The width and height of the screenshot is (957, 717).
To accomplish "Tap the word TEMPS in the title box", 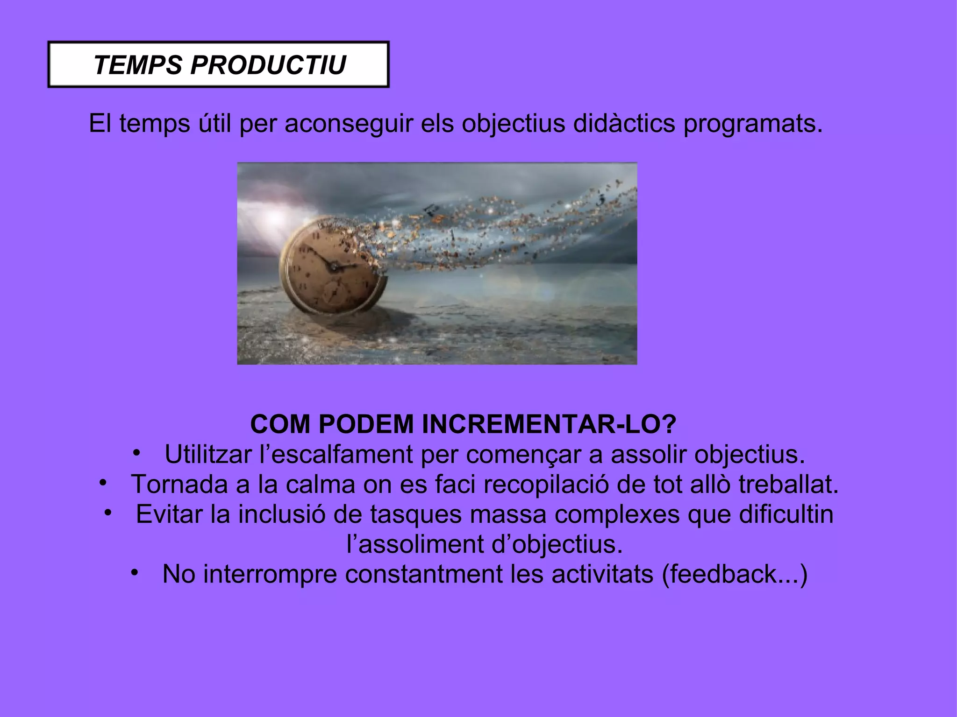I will tap(138, 65).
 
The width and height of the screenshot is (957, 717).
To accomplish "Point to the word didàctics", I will tap(624, 124).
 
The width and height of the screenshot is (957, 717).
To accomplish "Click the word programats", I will tap(752, 124).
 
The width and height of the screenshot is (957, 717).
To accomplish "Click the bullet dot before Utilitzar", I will tap(136, 452).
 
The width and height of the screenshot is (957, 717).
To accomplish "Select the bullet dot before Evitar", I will tap(108, 513).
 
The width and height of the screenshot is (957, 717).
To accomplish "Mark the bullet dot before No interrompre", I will tap(135, 572).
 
